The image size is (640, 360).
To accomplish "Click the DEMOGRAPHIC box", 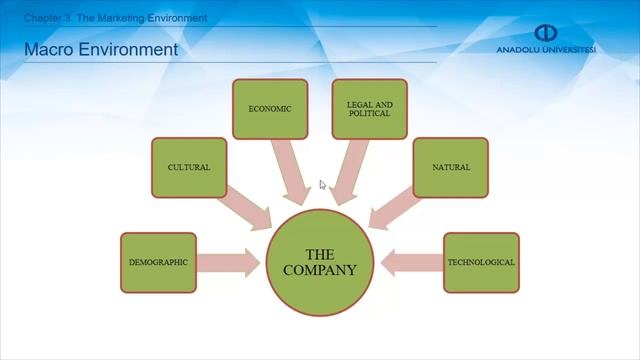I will click(x=158, y=262).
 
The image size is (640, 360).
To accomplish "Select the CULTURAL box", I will click(x=189, y=167).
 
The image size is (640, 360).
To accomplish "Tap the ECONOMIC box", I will click(x=270, y=108).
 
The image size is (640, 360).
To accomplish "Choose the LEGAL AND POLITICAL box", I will click(x=369, y=108).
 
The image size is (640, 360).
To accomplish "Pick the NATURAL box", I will click(x=450, y=167).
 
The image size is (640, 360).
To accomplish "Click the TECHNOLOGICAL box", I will click(x=481, y=262).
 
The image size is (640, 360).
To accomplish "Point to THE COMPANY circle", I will click(x=319, y=262).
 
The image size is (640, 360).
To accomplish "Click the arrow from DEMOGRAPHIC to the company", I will click(x=229, y=263).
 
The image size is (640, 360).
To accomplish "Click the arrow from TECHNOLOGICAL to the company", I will click(x=411, y=263).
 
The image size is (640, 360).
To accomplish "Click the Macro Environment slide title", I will click(x=100, y=49).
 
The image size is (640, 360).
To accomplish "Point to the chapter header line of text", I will click(x=115, y=18).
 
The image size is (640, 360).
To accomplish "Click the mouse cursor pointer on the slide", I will click(x=322, y=184).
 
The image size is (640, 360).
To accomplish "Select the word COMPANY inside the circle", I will click(x=319, y=270).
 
